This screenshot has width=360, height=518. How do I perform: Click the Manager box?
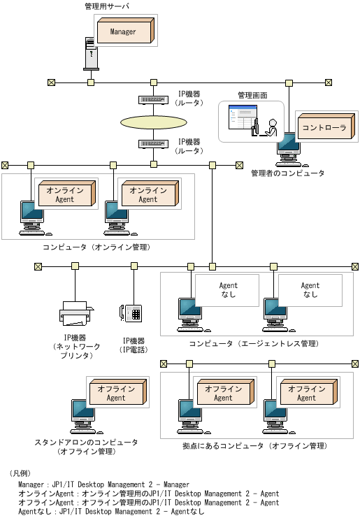pyautogui.click(x=123, y=31)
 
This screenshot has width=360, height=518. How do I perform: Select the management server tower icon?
pyautogui.click(x=92, y=53)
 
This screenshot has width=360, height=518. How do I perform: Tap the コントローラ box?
pyautogui.click(x=324, y=128)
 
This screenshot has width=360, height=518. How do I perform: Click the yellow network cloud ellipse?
pyautogui.click(x=153, y=122)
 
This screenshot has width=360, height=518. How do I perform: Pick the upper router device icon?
pyautogui.click(x=152, y=99)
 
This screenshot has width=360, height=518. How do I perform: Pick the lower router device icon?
pyautogui.click(x=152, y=143)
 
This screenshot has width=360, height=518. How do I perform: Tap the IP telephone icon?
pyautogui.click(x=131, y=313)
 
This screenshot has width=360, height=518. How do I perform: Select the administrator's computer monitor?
pyautogui.click(x=287, y=148)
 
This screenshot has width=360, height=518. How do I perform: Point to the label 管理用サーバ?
pyautogui.click(x=106, y=6)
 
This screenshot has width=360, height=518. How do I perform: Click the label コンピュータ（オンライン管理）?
pyautogui.click(x=96, y=247)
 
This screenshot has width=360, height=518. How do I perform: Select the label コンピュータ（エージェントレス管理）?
pyautogui.click(x=254, y=344)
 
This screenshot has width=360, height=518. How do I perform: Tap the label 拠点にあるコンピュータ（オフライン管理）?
pyautogui.click(x=254, y=445)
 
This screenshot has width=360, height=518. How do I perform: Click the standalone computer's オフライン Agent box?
pyautogui.click(x=115, y=394)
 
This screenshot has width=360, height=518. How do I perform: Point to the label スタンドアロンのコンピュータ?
pyautogui.click(x=86, y=443)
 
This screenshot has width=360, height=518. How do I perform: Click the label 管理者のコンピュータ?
pyautogui.click(x=287, y=173)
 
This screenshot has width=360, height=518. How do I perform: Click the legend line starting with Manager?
pyautogui.click(x=103, y=484)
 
